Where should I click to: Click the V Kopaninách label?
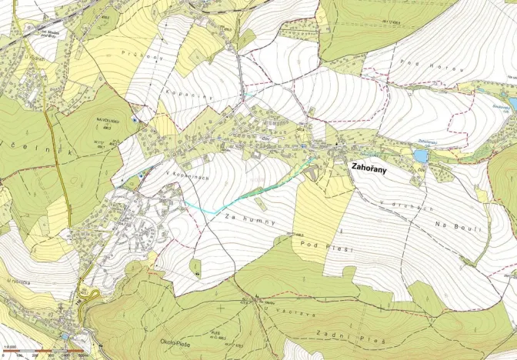coord(187,178)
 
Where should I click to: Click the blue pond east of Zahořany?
coord(419,156)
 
